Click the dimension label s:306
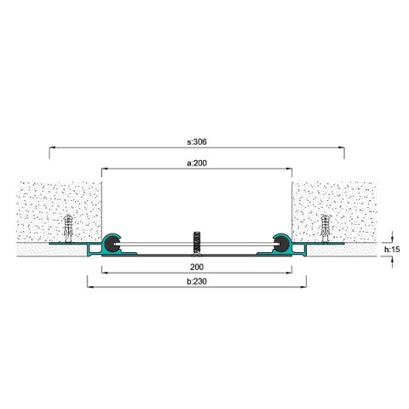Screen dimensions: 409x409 197,141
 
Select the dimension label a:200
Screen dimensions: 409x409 197,163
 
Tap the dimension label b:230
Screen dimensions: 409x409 197,281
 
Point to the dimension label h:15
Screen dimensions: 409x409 392,250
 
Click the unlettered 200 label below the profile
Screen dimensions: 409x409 197,267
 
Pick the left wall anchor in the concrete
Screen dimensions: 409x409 68,228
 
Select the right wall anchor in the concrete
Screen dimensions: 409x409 325,228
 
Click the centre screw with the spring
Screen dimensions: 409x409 196,242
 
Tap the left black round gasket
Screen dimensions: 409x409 111,244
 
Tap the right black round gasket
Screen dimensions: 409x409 282,244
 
